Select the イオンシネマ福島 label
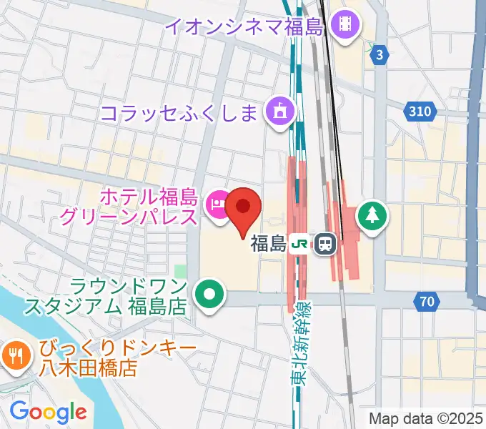246,27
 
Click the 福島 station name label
268,245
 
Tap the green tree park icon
373,214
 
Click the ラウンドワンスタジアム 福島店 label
106,297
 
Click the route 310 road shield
420,111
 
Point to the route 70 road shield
427,302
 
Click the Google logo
48,411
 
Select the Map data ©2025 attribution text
425,418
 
